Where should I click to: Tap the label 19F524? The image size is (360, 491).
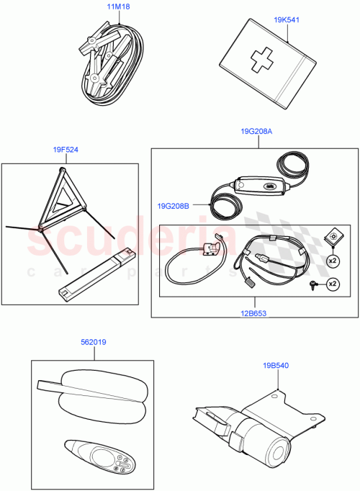[x=66, y=150]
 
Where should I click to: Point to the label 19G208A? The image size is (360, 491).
[x=257, y=132]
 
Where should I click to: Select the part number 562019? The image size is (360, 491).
[x=93, y=343]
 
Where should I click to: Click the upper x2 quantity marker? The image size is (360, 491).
[x=333, y=258]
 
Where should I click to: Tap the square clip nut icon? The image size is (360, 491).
[x=333, y=235]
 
